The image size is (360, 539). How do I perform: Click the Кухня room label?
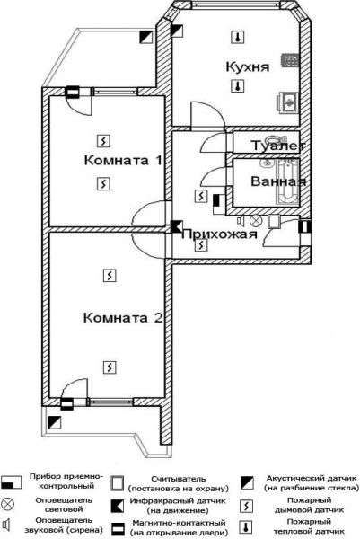tap(247, 67)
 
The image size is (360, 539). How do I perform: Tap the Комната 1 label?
tap(123, 160)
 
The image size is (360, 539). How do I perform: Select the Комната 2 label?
tap(123, 317)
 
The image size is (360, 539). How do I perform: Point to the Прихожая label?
tap(220, 234)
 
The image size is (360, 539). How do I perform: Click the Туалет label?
tap(278, 146)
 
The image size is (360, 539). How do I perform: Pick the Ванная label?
tap(278, 181)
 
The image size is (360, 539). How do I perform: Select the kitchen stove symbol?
tap(290, 60)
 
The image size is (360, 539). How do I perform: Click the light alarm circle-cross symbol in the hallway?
tap(255, 221)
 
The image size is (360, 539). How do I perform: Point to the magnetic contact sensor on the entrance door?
tap(305, 226)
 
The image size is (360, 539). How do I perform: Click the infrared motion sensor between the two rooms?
tap(176, 226)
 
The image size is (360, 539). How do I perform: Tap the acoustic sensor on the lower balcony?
tap(54, 422)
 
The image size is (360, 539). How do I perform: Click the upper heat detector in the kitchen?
tap(237, 37)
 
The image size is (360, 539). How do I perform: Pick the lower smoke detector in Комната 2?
tap(110, 367)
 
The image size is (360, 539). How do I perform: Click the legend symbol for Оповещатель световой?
tap(8, 504)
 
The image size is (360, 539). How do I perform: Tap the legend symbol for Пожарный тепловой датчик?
tap(246, 527)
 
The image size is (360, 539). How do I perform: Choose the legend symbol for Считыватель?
tap(117, 483)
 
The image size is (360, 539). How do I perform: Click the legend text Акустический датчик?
tap(312, 478)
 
